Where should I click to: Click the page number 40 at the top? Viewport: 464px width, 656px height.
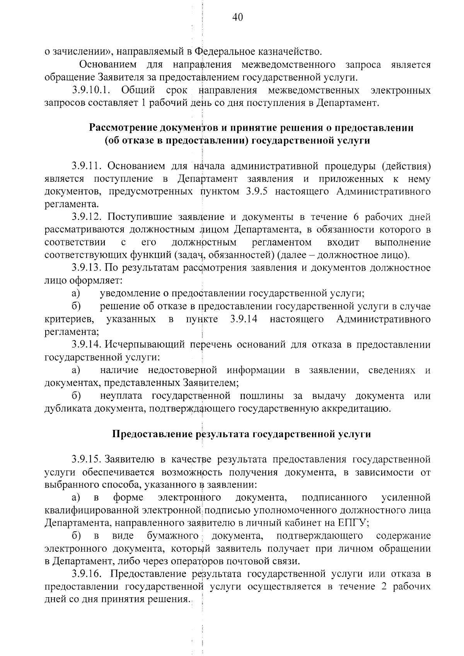(237, 17)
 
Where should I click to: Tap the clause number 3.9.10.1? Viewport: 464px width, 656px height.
(92, 90)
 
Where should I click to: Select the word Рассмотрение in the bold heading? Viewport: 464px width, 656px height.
(123, 128)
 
